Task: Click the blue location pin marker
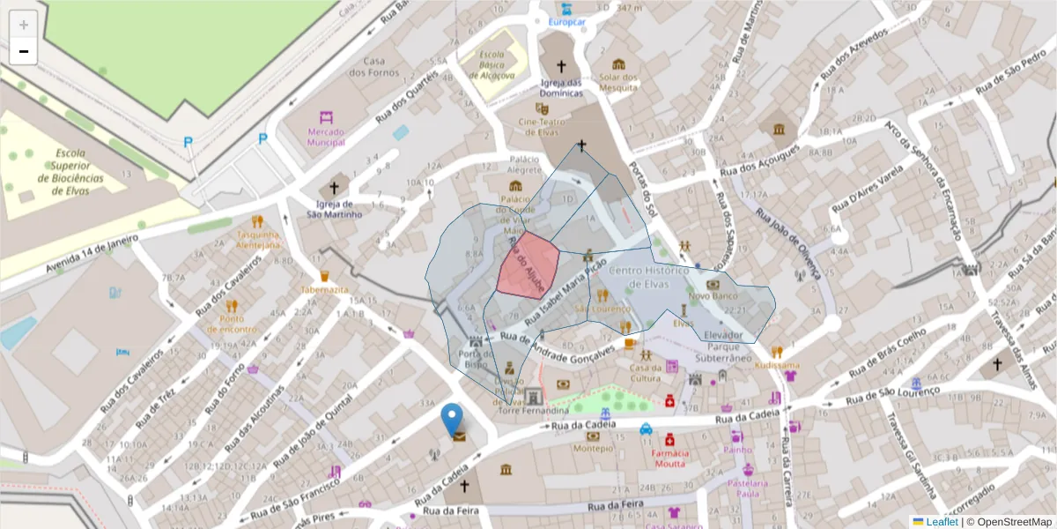tap(452, 418)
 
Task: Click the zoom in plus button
tap(24, 25)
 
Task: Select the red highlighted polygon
tap(528, 264)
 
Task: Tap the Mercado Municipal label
tap(326, 137)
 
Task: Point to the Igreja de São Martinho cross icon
tap(333, 188)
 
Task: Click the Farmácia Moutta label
tap(669, 458)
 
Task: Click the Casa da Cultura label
tap(646, 373)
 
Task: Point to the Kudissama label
tap(777, 365)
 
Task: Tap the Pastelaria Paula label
tap(748, 488)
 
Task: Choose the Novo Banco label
tap(712, 297)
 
